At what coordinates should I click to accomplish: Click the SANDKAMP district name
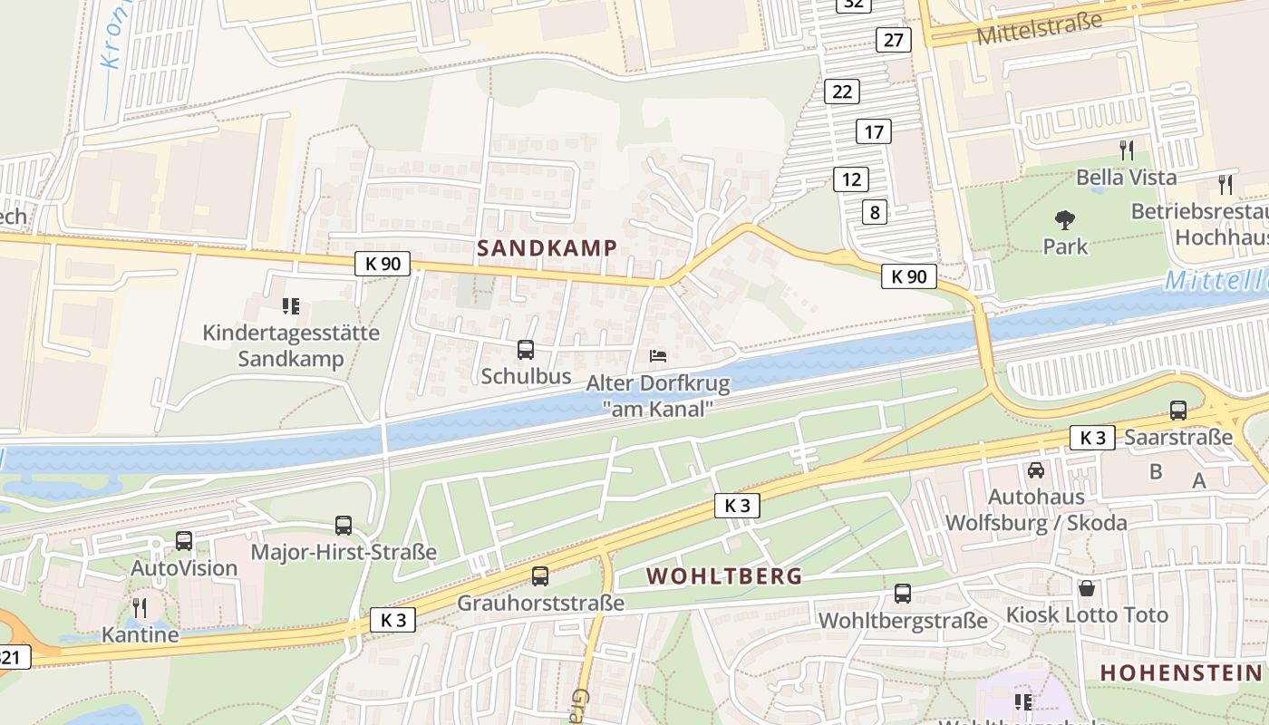[x=547, y=247]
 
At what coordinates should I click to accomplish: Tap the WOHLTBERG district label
[x=724, y=575]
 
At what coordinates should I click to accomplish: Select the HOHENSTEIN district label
[x=1180, y=672]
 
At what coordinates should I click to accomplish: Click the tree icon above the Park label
[x=1065, y=219]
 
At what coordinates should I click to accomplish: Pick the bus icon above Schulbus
[x=525, y=350]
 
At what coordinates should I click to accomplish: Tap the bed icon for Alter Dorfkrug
[x=658, y=356]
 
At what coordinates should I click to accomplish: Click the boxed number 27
[x=893, y=39]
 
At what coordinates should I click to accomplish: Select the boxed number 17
[x=873, y=132]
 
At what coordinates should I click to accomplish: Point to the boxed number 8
[x=874, y=213]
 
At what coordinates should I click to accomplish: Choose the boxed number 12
[x=850, y=179]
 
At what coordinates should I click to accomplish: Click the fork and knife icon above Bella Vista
[x=1127, y=150]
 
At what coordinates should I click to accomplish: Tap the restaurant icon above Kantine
[x=139, y=606]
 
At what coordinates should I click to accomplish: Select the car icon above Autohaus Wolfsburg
[x=1035, y=470]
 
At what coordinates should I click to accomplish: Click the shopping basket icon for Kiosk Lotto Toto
[x=1086, y=589]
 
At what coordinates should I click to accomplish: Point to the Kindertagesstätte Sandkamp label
[x=291, y=345]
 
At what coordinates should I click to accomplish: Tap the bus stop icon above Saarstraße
[x=1177, y=411]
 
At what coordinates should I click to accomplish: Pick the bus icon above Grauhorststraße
[x=540, y=575]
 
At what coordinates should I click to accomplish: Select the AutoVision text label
[x=184, y=568]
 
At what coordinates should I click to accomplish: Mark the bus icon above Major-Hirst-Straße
[x=344, y=525]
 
